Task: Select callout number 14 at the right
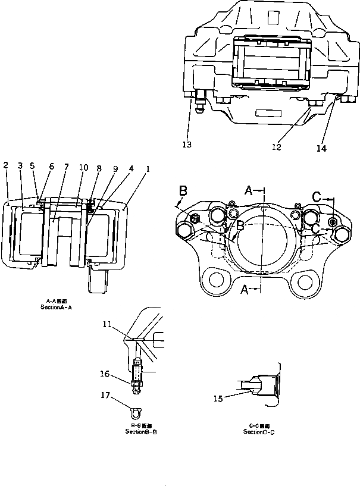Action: tap(321, 149)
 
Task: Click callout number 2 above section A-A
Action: tap(6, 164)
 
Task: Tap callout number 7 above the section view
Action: tap(67, 168)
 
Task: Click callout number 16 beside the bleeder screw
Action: tap(105, 374)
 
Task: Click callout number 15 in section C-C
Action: tap(218, 399)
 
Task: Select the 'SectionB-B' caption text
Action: tap(141, 432)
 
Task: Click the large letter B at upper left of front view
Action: tap(183, 191)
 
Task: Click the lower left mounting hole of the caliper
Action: tap(215, 280)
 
